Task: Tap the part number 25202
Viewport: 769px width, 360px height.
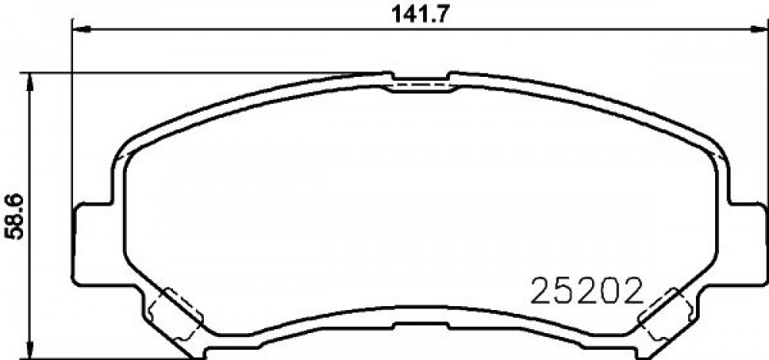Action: coord(587,292)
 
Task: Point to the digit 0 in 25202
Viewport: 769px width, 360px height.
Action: coord(610,292)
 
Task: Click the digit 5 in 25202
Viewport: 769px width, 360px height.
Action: coord(564,292)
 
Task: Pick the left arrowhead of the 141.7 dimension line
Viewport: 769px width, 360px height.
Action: coord(82,29)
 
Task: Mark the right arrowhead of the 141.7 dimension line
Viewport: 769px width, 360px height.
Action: coord(759,29)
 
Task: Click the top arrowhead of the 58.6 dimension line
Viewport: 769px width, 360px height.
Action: coord(31,82)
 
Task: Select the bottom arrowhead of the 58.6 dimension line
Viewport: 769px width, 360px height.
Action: coord(31,350)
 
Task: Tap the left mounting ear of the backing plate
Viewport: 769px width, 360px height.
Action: coord(93,244)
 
